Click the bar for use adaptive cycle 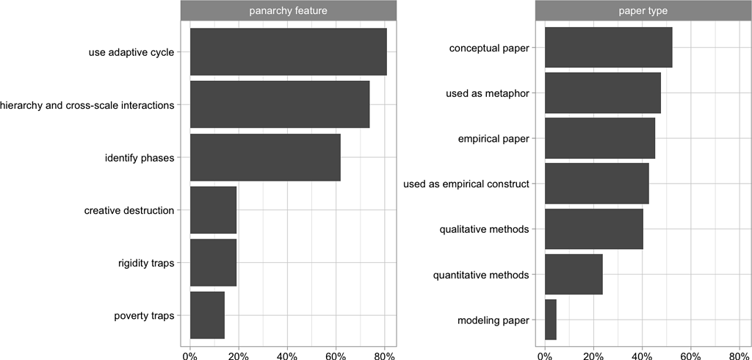click(x=288, y=51)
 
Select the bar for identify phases click(x=265, y=157)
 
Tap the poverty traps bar click(x=207, y=315)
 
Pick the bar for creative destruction click(x=213, y=210)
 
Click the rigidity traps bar click(x=213, y=262)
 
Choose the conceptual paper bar click(x=608, y=48)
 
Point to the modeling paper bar click(x=551, y=320)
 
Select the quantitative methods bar click(x=574, y=275)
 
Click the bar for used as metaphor click(x=602, y=93)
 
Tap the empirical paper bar click(x=599, y=139)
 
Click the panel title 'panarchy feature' click(x=288, y=10)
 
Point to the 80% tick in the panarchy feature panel click(x=384, y=356)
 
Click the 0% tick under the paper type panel click(x=545, y=356)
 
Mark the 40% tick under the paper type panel click(x=642, y=356)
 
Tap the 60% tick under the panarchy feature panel click(x=336, y=356)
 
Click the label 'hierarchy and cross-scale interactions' click(x=87, y=105)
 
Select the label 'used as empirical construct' click(x=466, y=184)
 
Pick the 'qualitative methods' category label click(x=484, y=229)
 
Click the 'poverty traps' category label click(x=144, y=316)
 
